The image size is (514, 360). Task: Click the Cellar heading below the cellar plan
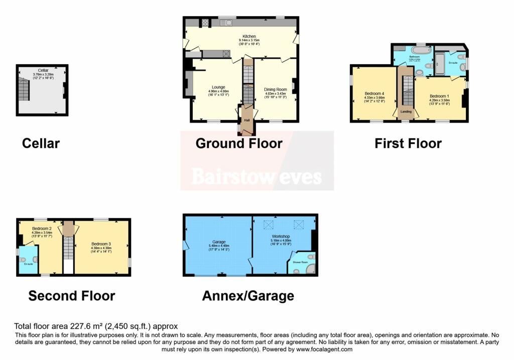tap(41, 144)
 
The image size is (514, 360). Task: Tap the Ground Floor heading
tap(239, 144)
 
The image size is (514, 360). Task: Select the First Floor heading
tap(408, 144)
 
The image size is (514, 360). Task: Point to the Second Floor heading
tap(71, 296)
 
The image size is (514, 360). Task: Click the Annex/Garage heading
tap(248, 296)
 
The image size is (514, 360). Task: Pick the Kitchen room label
tap(249, 37)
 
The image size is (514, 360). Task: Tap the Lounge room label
tap(218, 87)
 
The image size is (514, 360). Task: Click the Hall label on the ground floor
tap(247, 121)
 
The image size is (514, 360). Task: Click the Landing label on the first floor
tap(406, 112)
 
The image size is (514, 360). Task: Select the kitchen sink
tap(224, 23)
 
